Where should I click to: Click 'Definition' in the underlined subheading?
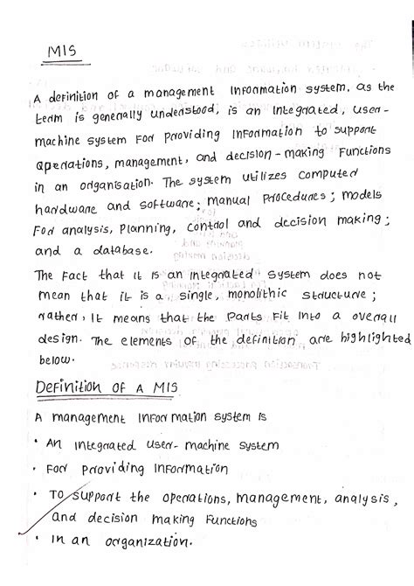72,387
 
